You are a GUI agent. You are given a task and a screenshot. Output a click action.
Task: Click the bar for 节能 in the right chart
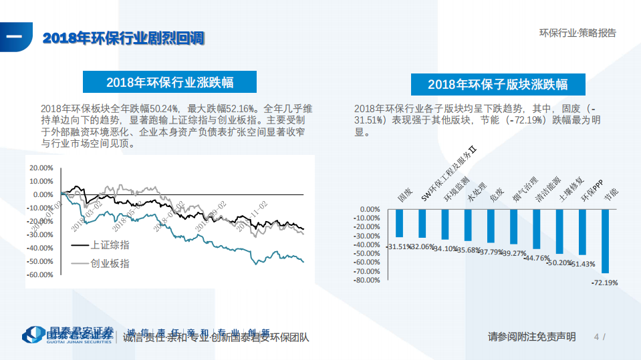[x=605, y=241]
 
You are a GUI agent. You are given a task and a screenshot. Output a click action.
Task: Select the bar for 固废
[x=400, y=223]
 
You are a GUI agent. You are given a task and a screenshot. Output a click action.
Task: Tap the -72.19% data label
[x=605, y=283]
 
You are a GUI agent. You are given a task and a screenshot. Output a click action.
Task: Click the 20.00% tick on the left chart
[x=42, y=168]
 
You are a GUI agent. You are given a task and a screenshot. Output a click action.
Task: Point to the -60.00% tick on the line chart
[x=41, y=275]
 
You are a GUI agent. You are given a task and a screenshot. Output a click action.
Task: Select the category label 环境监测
[x=444, y=189]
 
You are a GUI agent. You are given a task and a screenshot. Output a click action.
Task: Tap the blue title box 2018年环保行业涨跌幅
[x=169, y=82]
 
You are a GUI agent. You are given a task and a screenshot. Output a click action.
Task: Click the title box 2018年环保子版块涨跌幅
[x=498, y=84]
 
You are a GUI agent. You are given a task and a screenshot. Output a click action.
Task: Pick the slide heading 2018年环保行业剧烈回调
[x=124, y=38]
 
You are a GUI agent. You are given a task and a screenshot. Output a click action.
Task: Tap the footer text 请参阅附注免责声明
[x=531, y=337]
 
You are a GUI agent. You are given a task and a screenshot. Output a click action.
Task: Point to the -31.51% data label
[x=398, y=246]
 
